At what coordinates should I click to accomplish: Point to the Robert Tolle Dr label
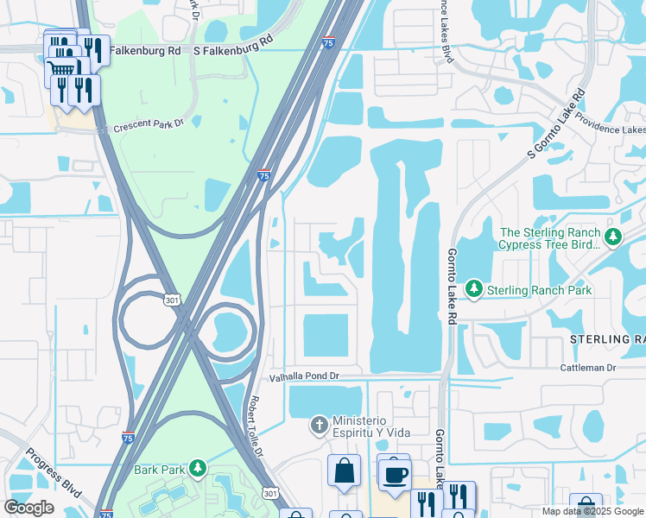[256, 426]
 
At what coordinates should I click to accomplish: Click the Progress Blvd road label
[54, 472]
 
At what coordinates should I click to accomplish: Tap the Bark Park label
[160, 470]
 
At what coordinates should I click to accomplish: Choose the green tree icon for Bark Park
[198, 468]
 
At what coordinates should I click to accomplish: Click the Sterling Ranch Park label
[540, 290]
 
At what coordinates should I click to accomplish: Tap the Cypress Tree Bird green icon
[613, 236]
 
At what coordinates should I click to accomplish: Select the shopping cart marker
[62, 67]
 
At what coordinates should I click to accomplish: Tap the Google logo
[28, 508]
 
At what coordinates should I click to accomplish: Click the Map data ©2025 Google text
[592, 511]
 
